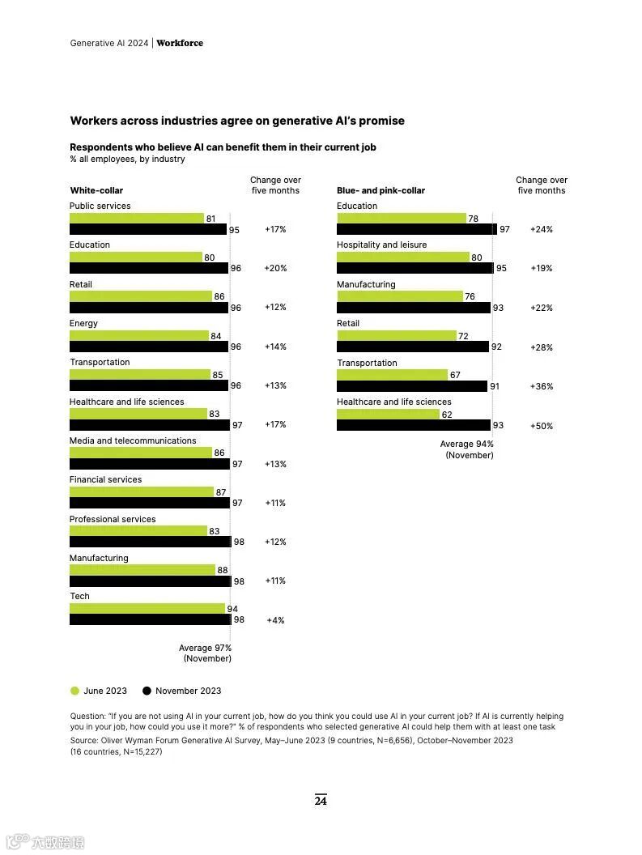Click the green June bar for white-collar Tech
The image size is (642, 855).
[x=147, y=609]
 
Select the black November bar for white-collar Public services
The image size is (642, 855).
[x=148, y=229]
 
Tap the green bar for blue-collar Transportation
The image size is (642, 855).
[x=392, y=375]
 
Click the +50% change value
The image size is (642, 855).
[x=541, y=426]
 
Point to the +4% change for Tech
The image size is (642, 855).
[x=275, y=620]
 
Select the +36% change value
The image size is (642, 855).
[x=541, y=386]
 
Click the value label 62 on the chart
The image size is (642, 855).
[x=446, y=414]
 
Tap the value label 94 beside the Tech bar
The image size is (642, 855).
[x=232, y=609]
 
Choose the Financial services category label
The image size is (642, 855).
[x=105, y=479]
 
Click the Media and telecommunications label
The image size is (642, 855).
[x=133, y=440]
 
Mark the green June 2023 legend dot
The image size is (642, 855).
[x=75, y=691]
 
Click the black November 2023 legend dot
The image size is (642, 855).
[x=147, y=691]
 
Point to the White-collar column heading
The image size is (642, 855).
[x=96, y=190]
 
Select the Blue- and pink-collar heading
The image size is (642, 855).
[x=381, y=190]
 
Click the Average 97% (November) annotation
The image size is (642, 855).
[x=206, y=653]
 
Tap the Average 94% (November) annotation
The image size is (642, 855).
[x=467, y=449]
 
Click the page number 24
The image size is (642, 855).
[x=321, y=801]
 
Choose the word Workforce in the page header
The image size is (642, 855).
[x=180, y=43]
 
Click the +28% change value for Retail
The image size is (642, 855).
[x=541, y=347]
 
